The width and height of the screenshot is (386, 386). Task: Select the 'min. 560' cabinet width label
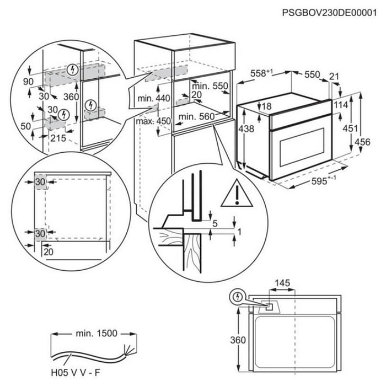[196, 116]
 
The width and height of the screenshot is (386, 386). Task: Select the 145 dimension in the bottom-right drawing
[282, 283]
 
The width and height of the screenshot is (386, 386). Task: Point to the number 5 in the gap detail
[215, 223]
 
